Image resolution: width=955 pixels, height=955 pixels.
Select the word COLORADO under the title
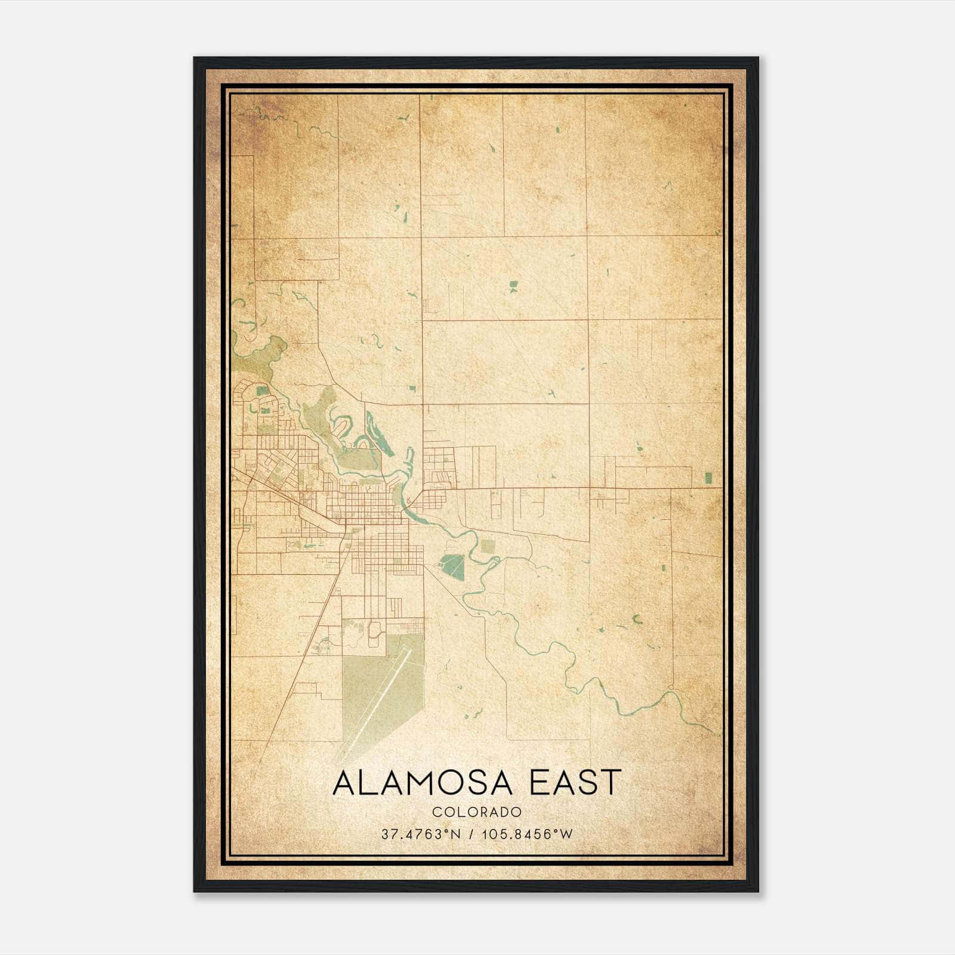(477, 812)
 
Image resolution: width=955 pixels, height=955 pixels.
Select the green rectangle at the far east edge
(708, 477)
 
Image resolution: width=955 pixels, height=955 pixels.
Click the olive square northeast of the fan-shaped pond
(488, 546)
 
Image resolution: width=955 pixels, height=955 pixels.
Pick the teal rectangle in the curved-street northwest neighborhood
(262, 391)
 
